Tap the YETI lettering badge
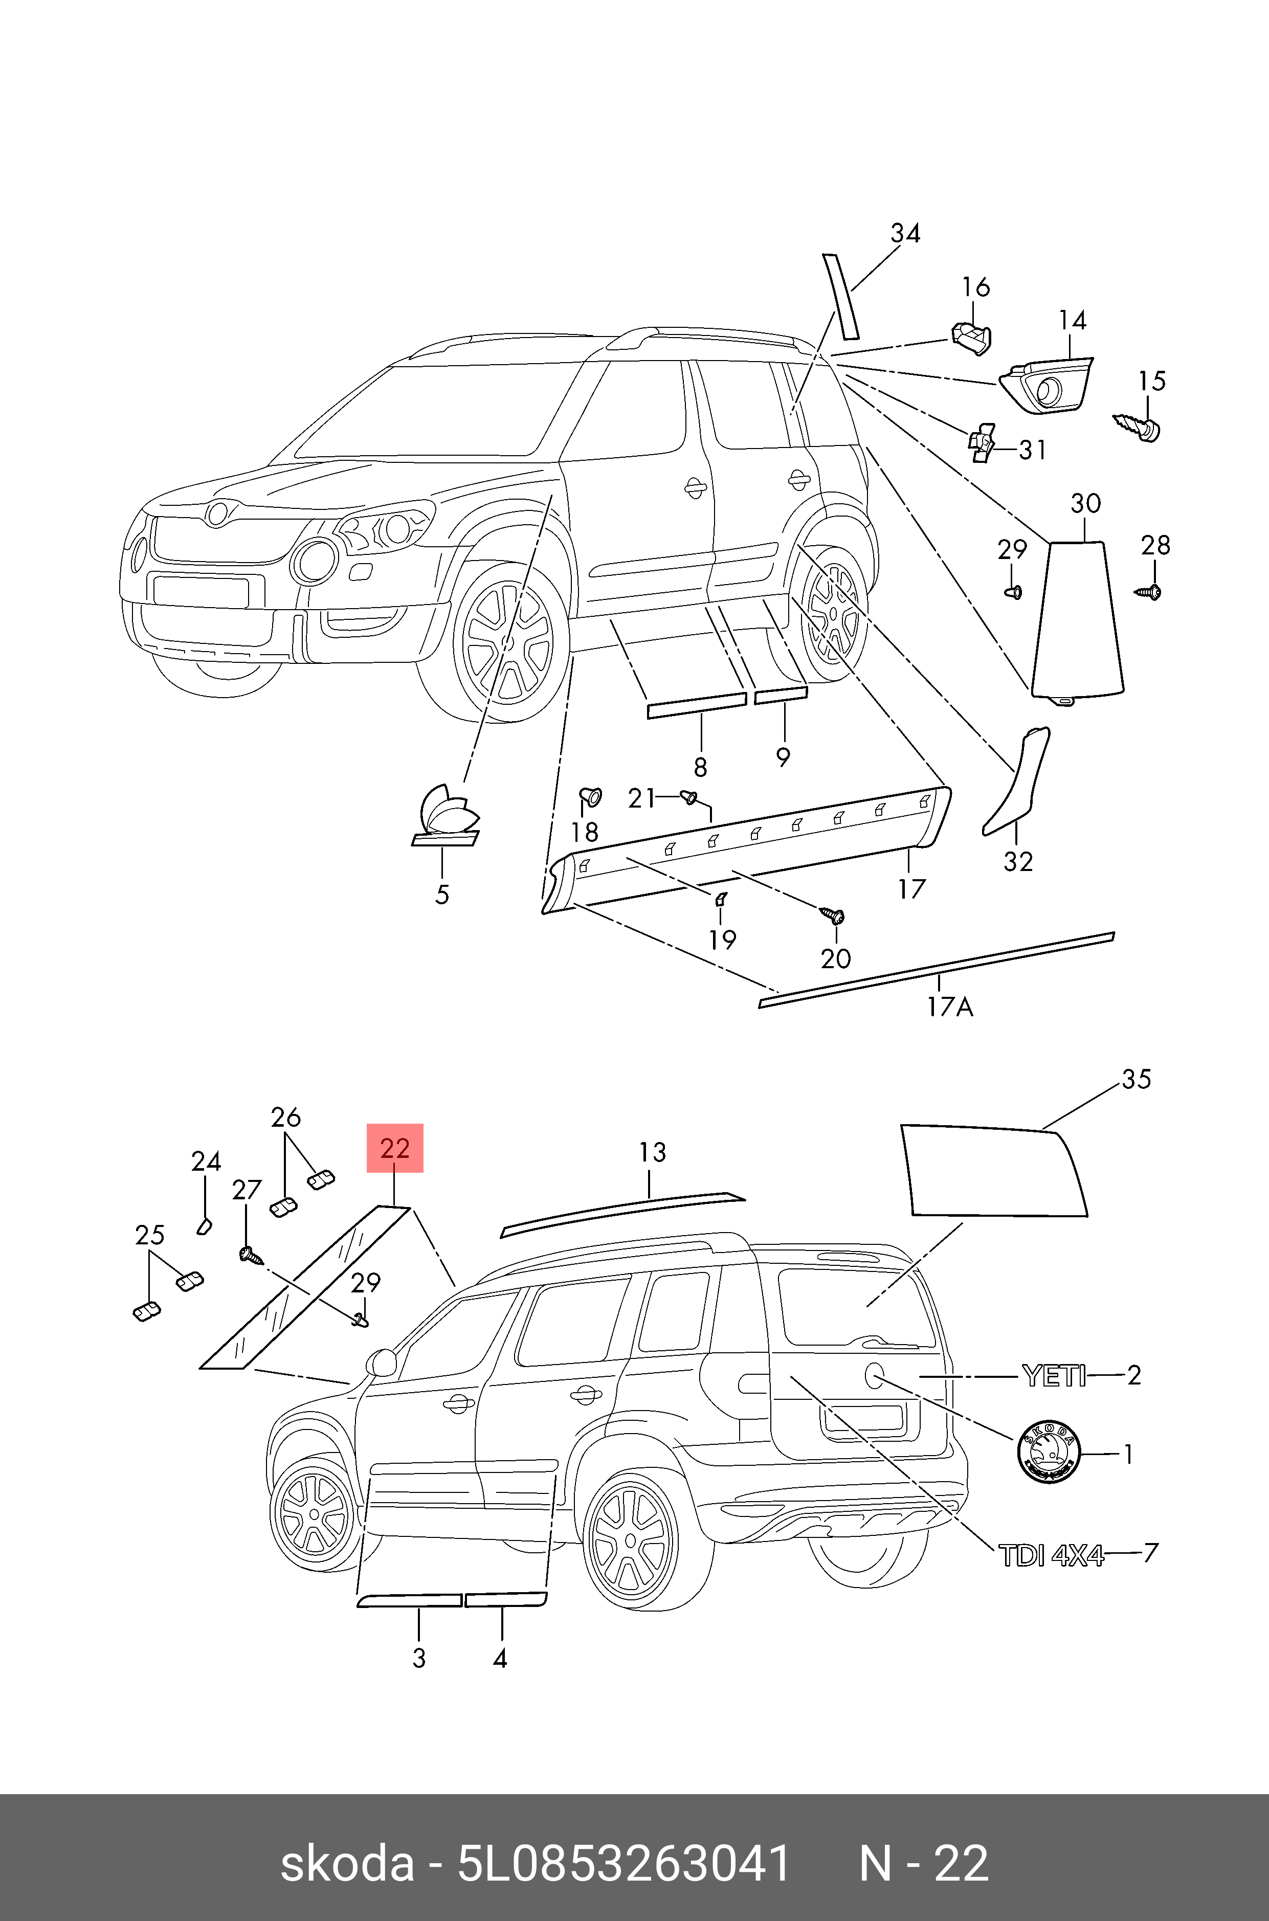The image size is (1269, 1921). click(1054, 1376)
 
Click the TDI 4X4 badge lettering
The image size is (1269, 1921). click(1051, 1555)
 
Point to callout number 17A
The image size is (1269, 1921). click(950, 1007)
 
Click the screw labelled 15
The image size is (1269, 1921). click(1140, 426)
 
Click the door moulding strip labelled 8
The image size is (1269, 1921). click(696, 704)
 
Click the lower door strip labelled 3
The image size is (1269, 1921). click(410, 1600)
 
